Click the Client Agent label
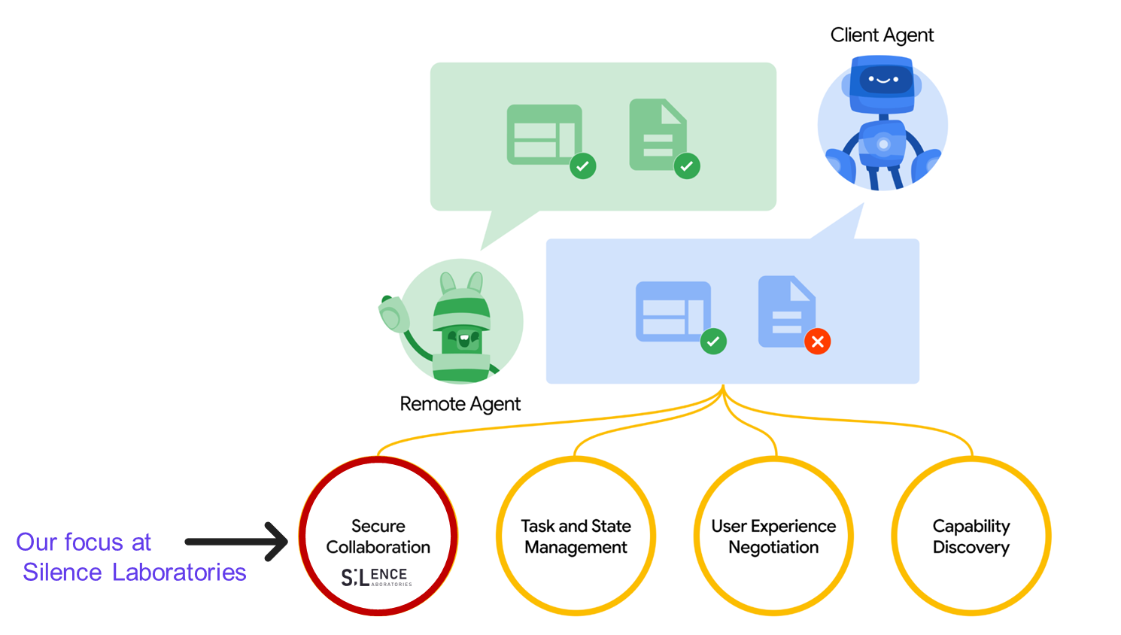click(882, 35)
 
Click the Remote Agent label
click(460, 404)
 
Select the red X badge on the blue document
click(817, 342)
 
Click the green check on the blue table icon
click(713, 342)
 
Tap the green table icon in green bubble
click(544, 134)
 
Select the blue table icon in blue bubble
click(673, 311)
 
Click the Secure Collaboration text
click(378, 536)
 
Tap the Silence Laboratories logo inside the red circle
click(376, 577)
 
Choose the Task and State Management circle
click(576, 536)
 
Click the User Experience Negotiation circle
click(773, 536)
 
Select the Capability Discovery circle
click(971, 536)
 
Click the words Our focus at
click(84, 542)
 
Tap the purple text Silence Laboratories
click(134, 573)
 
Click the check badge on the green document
click(686, 166)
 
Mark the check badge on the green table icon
click(582, 166)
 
